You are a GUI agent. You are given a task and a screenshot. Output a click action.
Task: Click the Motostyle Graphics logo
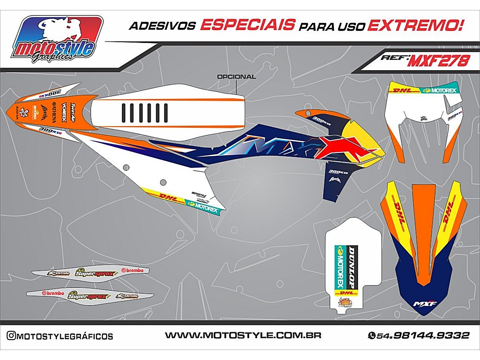(58, 40)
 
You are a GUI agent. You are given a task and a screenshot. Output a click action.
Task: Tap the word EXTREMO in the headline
(415, 25)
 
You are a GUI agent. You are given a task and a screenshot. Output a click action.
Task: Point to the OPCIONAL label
(236, 76)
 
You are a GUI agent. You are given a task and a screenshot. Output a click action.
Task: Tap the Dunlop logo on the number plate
(353, 266)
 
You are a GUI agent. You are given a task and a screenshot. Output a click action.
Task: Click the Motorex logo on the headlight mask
(440, 90)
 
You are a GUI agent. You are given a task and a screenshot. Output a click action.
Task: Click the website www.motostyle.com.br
(243, 335)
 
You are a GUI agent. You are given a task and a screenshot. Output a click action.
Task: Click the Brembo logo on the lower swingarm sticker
(53, 294)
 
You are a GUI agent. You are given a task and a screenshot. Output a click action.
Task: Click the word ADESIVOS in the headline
(162, 26)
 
